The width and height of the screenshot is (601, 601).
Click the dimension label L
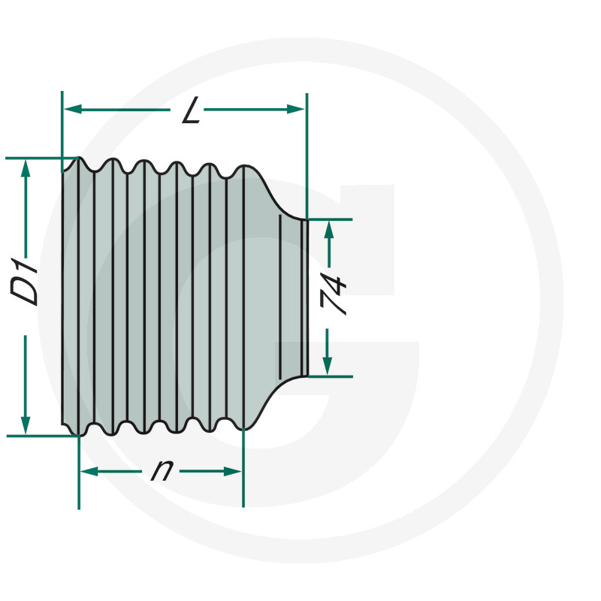[192, 110]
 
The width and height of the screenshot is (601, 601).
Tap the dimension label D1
[25, 282]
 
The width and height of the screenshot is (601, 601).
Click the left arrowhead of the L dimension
[73, 110]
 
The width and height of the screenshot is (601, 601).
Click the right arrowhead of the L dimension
[295, 109]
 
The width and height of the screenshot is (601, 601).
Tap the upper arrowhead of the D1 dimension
[26, 168]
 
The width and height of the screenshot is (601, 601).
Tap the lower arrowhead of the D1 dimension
[26, 424]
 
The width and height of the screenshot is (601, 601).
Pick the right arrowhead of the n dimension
[232, 471]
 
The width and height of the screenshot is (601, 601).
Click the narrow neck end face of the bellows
[305, 297]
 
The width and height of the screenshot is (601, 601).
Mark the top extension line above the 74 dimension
[330, 219]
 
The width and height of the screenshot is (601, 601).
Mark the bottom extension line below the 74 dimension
[331, 377]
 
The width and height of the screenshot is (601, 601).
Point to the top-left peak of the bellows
[79, 157]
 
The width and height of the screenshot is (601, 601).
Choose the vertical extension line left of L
[62, 132]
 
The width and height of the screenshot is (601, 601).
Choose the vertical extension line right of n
[243, 467]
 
